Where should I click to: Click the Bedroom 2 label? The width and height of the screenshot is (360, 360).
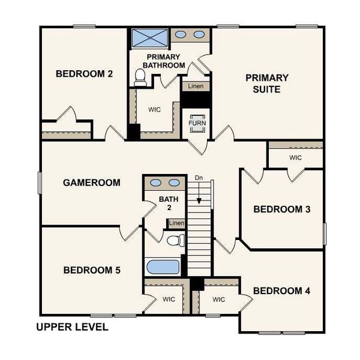click(85, 74)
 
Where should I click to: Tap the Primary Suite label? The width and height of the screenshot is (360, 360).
click(267, 83)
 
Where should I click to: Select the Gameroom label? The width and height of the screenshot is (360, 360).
click(92, 182)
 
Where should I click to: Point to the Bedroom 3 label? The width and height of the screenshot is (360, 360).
click(281, 209)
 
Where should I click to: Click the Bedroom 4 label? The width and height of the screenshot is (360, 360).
click(281, 291)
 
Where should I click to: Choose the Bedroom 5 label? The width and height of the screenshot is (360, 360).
click(92, 271)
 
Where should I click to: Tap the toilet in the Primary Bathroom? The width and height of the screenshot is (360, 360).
click(141, 76)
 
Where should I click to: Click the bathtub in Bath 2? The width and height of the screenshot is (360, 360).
click(163, 266)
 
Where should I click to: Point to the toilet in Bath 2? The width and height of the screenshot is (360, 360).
click(175, 241)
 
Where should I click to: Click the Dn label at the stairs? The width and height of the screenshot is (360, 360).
click(199, 178)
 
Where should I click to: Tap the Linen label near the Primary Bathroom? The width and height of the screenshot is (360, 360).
click(195, 86)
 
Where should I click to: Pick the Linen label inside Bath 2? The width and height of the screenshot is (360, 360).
click(176, 224)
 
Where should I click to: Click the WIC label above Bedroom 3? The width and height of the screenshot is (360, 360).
click(295, 158)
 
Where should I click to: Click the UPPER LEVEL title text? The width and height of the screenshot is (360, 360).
click(72, 327)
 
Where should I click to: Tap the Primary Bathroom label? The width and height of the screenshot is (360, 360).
click(163, 61)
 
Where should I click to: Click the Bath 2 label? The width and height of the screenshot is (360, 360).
click(165, 203)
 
